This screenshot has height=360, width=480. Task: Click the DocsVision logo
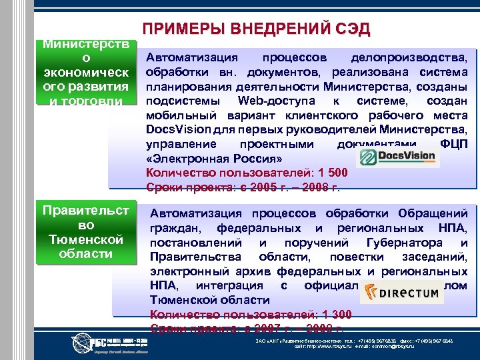click(x=397, y=157)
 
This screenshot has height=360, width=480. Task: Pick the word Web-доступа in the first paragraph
click(x=265, y=100)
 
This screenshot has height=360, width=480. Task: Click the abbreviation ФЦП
click(x=454, y=145)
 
